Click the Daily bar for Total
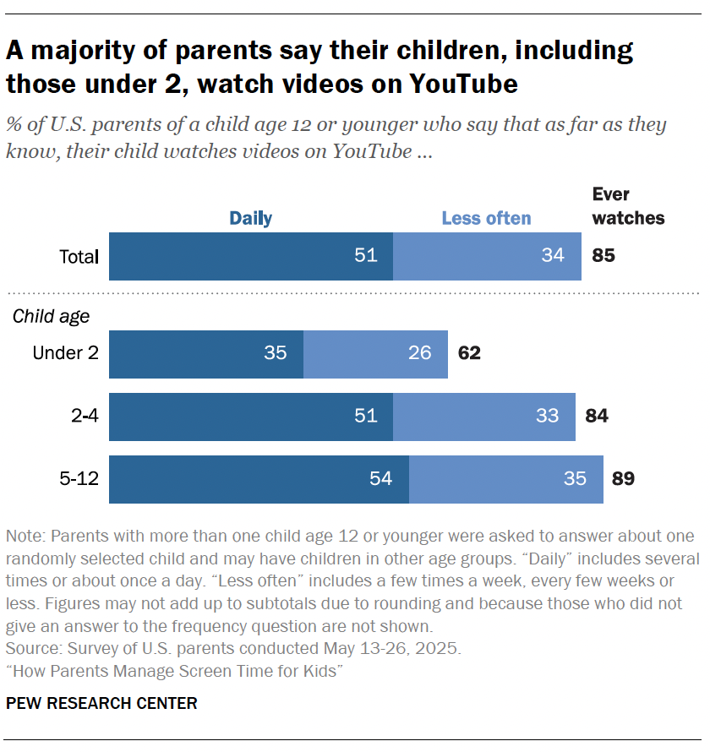251,256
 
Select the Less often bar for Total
487,256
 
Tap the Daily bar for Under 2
206,353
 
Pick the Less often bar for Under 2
375,353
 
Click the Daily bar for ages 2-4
251,417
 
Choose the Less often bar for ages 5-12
506,479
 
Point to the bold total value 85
603,256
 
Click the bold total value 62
469,353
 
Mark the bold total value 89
623,479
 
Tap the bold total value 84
596,417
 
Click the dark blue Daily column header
250,218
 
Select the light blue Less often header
486,218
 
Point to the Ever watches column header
628,206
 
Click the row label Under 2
65,353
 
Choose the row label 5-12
79,479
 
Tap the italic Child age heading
51,318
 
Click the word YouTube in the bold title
464,84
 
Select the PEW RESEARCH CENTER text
101,703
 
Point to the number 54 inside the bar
380,479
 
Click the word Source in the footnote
30,650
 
